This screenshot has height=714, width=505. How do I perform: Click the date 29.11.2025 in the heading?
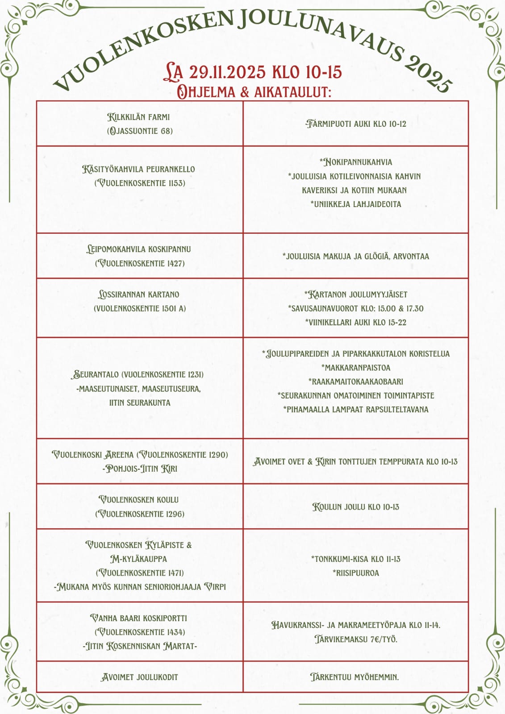click(227, 72)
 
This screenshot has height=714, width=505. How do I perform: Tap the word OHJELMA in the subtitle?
click(206, 92)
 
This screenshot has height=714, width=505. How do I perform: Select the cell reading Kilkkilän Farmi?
click(139, 117)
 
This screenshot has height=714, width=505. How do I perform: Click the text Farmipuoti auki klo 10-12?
click(356, 124)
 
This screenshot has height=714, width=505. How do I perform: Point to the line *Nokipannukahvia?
click(356, 162)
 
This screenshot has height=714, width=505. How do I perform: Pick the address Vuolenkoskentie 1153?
click(140, 183)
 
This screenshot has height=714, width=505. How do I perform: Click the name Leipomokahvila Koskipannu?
click(139, 249)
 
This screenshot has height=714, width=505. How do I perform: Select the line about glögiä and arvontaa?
click(356, 256)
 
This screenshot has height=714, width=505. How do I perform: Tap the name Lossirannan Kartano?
click(139, 295)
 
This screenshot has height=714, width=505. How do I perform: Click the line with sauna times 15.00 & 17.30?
click(356, 308)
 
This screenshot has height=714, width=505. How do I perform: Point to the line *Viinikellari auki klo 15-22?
click(356, 322)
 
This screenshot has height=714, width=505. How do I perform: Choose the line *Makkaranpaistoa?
click(356, 368)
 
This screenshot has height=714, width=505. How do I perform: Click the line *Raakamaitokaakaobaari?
click(356, 382)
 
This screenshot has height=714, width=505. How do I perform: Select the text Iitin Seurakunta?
click(140, 403)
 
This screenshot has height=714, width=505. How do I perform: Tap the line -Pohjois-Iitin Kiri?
click(140, 469)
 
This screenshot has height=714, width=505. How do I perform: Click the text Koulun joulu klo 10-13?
click(356, 507)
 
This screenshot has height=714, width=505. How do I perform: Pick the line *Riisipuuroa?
click(356, 573)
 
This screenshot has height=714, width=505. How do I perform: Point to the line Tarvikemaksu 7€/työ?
click(356, 639)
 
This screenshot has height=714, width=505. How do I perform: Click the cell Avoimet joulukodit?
click(140, 677)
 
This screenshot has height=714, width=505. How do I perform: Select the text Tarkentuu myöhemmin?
click(355, 677)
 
